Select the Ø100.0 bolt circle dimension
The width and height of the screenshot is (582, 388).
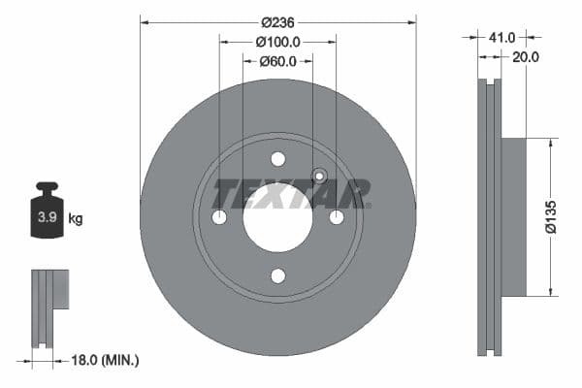coord(277,42)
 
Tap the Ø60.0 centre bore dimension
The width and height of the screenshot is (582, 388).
coord(277,61)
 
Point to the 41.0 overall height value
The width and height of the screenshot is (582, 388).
coord(501,37)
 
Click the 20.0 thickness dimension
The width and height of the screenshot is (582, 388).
coord(525,57)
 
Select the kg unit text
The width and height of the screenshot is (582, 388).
coord(76,219)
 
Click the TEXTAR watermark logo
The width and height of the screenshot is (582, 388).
coord(290,194)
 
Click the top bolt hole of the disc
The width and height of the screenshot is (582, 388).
coord(277,159)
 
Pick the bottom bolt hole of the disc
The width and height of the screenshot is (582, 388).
coord(277,276)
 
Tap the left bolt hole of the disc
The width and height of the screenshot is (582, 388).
coord(219,217)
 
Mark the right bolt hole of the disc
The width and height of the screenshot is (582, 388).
coord(337,217)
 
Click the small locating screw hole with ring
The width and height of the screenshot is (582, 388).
coord(318,177)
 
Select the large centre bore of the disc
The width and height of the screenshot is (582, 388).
coord(277,217)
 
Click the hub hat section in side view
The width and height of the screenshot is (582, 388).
coord(513,217)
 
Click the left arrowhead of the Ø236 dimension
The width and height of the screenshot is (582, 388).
coord(145,20)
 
